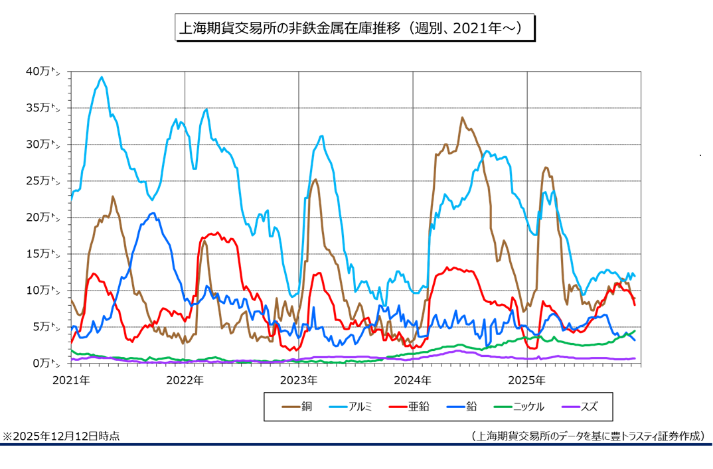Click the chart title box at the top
pyautogui.click(x=354, y=29)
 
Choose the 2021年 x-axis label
pyautogui.click(x=70, y=380)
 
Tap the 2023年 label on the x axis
pyautogui.click(x=299, y=380)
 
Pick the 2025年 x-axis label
pyautogui.click(x=527, y=380)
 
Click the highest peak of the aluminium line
pyautogui.click(x=102, y=77)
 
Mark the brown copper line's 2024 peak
pyautogui.click(x=462, y=118)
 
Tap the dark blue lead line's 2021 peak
pyautogui.click(x=153, y=213)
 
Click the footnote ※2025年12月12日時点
pyautogui.click(x=62, y=436)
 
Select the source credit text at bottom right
pyautogui.click(x=588, y=436)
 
